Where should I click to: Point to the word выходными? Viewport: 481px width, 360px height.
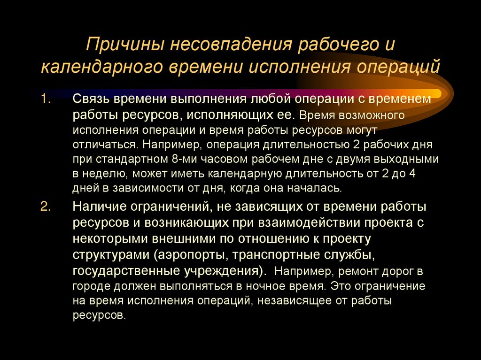pos(409,159)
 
